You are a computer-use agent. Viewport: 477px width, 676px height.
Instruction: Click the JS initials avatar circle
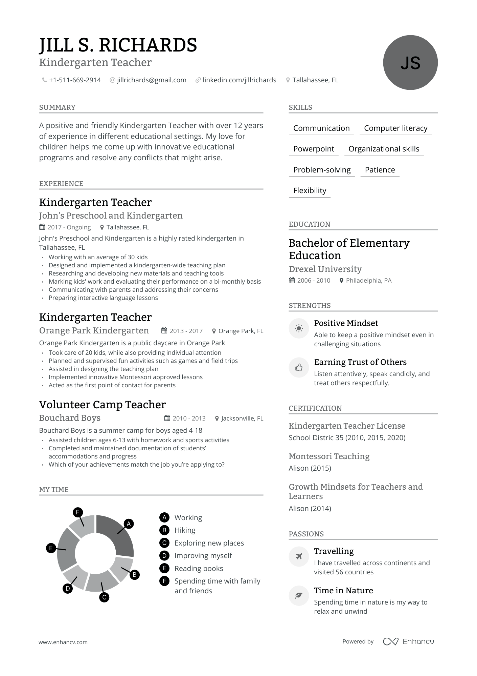(410, 63)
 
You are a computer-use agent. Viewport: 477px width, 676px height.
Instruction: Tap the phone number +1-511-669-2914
(75, 80)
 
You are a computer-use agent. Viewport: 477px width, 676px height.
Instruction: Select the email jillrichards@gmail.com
(152, 80)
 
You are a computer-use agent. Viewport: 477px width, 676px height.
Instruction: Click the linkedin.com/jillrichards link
(239, 80)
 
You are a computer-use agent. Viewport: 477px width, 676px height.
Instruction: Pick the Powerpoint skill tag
(314, 149)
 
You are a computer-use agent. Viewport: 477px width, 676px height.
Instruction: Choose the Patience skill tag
(380, 170)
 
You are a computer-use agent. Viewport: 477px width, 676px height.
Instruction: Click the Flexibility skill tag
(310, 191)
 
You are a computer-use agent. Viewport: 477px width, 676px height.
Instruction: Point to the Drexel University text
(325, 269)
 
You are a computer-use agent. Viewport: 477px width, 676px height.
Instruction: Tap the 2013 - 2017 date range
(186, 331)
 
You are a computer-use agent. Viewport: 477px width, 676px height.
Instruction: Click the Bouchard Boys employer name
(70, 418)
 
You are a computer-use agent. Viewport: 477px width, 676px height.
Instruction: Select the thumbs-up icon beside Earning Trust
(299, 368)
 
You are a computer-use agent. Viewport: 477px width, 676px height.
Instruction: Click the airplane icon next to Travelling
(299, 556)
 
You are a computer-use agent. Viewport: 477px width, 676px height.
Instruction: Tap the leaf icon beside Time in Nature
(299, 596)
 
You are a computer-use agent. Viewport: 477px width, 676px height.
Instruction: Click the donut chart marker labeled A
(129, 524)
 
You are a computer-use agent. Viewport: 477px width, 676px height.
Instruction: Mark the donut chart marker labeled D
(68, 589)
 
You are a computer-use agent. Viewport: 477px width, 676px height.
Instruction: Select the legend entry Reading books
(199, 569)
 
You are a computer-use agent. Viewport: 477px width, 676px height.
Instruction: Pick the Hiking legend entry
(185, 530)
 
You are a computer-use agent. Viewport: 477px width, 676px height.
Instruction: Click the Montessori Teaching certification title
(329, 456)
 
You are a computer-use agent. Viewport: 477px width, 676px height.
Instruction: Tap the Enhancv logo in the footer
(408, 641)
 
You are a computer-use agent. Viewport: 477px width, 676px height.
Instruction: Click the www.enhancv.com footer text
(63, 642)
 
